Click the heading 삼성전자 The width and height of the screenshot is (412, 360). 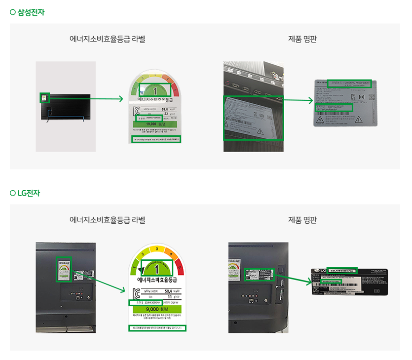pos(31,12)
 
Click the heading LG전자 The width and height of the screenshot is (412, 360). pos(29,193)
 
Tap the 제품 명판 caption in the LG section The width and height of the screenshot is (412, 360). pos(302,220)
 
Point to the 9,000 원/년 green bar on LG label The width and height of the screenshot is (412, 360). pos(156,310)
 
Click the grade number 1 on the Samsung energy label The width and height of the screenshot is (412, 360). pos(155,90)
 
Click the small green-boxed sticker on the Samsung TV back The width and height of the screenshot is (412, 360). pos(44,98)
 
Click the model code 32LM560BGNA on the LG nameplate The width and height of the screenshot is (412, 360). pos(342,271)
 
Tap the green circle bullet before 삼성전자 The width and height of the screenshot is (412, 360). pos(13,12)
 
